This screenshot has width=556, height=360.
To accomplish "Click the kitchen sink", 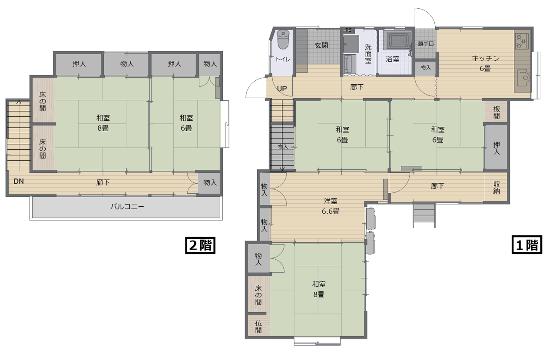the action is click(523, 77).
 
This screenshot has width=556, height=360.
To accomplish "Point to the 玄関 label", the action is click(321, 46).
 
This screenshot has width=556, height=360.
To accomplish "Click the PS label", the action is click(348, 30).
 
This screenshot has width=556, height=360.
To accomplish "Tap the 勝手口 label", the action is click(426, 44).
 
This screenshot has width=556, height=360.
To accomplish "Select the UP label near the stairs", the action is click(282, 89).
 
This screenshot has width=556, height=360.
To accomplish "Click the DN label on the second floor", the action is click(19, 182).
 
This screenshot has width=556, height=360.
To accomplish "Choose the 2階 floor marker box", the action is click(200, 246).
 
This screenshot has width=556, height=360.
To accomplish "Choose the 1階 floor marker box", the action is click(527, 245).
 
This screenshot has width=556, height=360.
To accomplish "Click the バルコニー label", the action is click(127, 207).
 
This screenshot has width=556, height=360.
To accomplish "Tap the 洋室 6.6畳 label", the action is click(331, 206).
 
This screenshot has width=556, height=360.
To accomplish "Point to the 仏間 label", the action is click(258, 327).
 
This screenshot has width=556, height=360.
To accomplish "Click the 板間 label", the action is click(496, 112).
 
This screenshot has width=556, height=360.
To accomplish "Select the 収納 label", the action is click(496, 188).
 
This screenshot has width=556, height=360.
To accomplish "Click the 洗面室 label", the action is click(368, 54).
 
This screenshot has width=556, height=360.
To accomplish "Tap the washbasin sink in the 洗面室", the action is click(351, 44).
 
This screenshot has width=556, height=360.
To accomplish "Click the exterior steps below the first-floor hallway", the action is click(424, 215).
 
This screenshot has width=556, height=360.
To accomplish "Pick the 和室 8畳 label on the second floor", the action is click(103, 123).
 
